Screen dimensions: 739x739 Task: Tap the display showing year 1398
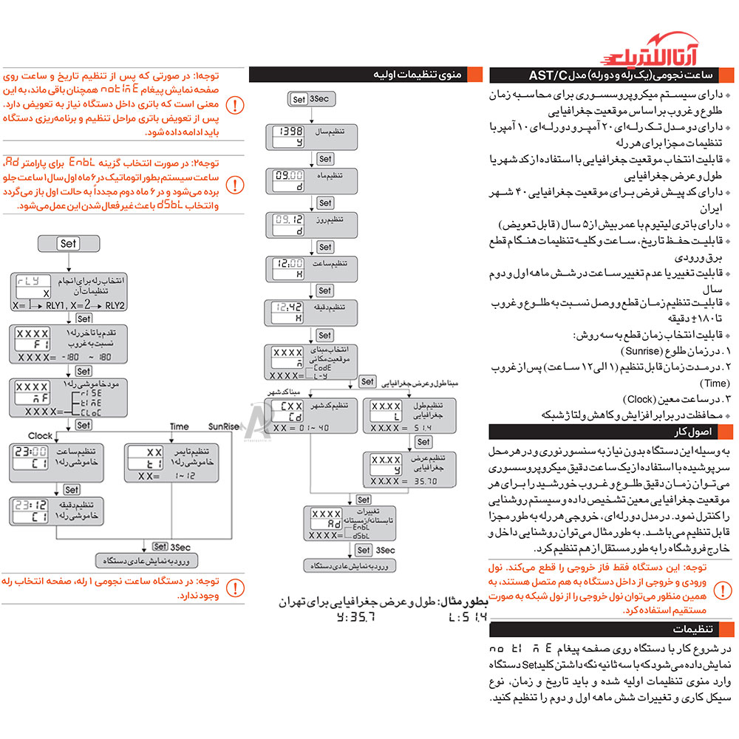[288, 136]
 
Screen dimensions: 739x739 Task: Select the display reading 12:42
[288, 311]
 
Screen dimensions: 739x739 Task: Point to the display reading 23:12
[30, 510]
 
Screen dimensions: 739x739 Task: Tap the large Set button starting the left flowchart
[68, 243]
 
